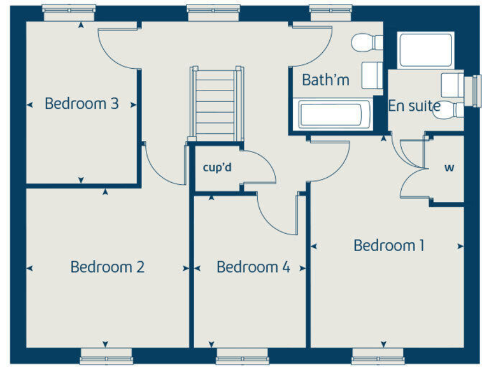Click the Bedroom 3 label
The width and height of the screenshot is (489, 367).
81,103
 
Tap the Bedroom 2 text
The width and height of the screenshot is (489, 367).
108,266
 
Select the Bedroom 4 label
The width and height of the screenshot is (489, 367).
253,266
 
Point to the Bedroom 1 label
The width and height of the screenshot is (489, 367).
389,245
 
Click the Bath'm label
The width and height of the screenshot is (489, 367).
325,80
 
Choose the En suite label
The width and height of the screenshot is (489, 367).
415,106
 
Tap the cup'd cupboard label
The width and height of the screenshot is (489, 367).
216,168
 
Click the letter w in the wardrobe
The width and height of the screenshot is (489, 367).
449,168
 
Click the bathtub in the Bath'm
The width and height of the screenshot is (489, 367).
330,115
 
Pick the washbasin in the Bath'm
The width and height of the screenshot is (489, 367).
372,75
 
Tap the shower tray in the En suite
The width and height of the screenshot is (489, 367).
425,50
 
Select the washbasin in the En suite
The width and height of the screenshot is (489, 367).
453,83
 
